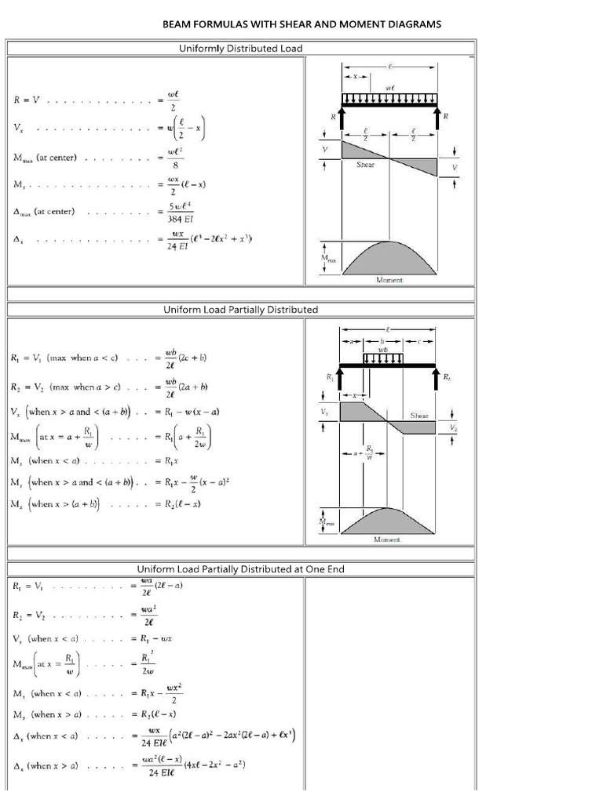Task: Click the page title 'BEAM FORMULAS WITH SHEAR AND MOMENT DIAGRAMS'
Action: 301,24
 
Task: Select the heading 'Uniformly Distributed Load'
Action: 241,49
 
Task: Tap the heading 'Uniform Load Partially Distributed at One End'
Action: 241,569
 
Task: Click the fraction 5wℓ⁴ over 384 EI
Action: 181,213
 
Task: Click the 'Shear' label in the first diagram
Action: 366,165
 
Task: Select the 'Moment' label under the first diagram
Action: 389,280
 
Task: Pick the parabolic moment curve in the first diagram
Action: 389,255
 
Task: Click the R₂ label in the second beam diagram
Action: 447,377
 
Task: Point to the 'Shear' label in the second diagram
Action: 419,416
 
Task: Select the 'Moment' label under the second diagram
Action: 388,540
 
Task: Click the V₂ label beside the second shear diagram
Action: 454,427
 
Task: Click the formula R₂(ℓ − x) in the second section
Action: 182,504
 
